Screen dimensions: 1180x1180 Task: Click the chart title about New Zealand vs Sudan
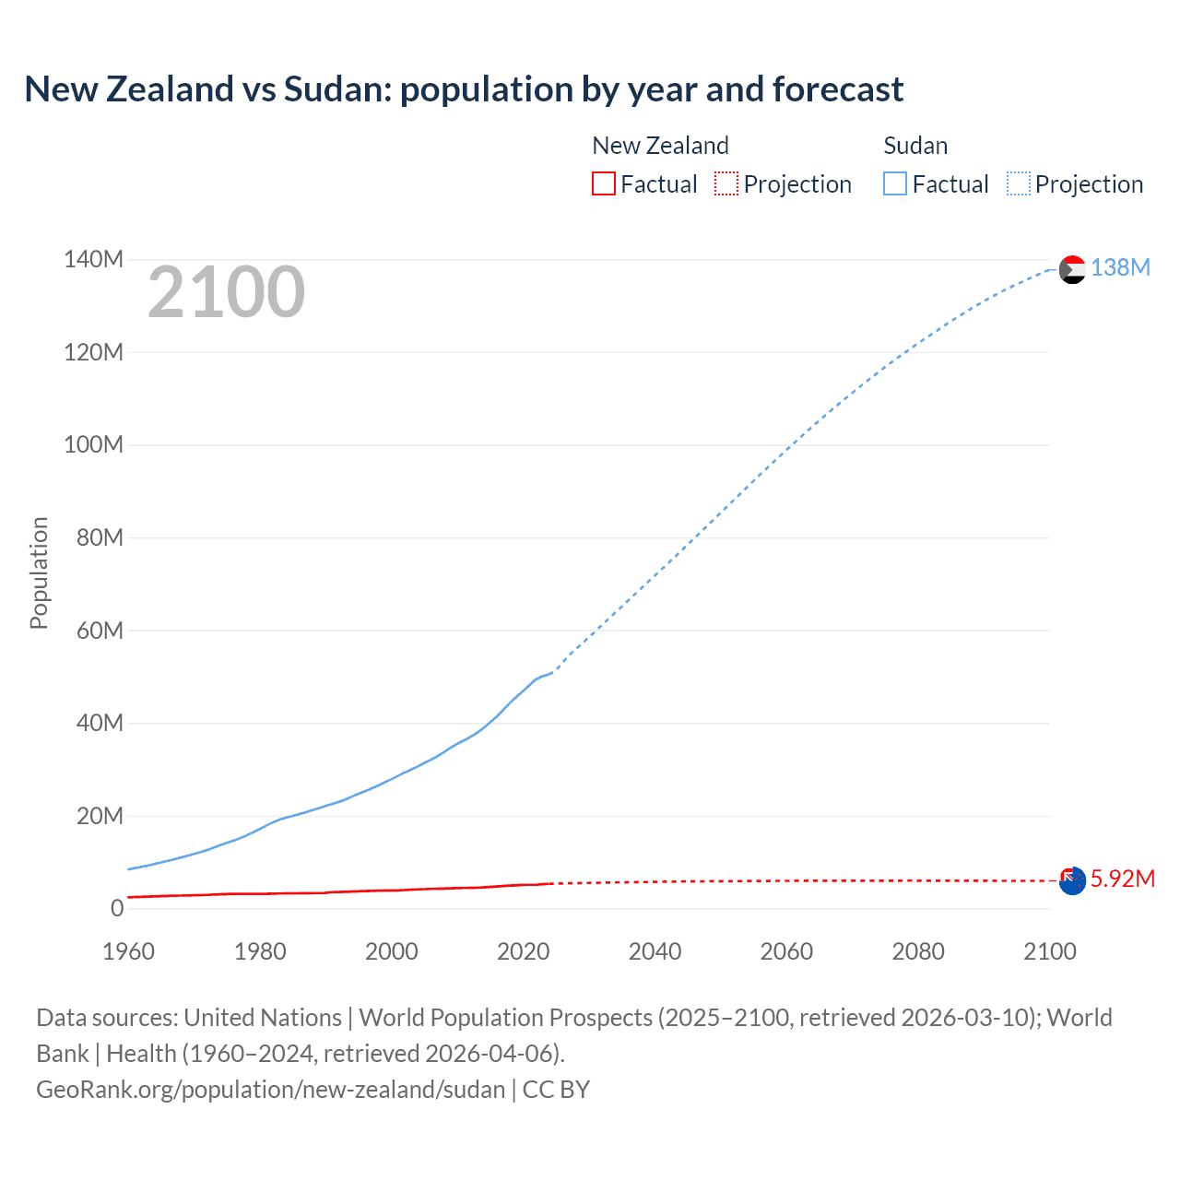(464, 89)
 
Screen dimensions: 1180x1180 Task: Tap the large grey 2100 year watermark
(226, 292)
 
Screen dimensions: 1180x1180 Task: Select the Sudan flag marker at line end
(1072, 269)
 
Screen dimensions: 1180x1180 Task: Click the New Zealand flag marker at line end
(1072, 880)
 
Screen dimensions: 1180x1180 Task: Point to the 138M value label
(1120, 267)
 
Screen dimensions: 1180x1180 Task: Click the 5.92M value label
(1122, 879)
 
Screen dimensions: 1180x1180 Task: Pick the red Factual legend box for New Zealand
(604, 184)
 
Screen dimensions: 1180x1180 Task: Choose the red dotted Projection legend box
(726, 184)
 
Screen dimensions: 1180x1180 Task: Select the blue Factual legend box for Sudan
(895, 184)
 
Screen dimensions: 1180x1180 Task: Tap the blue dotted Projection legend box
(1019, 184)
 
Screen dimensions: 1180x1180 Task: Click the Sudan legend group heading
(915, 146)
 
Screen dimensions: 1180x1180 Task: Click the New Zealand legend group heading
(660, 146)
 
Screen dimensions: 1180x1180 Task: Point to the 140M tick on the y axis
(93, 260)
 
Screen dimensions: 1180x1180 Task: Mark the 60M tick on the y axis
(100, 631)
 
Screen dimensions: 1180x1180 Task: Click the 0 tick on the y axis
(116, 909)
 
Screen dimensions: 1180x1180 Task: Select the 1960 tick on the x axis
(128, 951)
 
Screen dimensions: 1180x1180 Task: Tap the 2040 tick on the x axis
(655, 951)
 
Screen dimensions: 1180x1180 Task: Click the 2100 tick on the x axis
(1049, 951)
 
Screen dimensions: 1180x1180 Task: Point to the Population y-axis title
(39, 572)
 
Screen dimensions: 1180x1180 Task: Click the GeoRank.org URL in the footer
(270, 1090)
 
